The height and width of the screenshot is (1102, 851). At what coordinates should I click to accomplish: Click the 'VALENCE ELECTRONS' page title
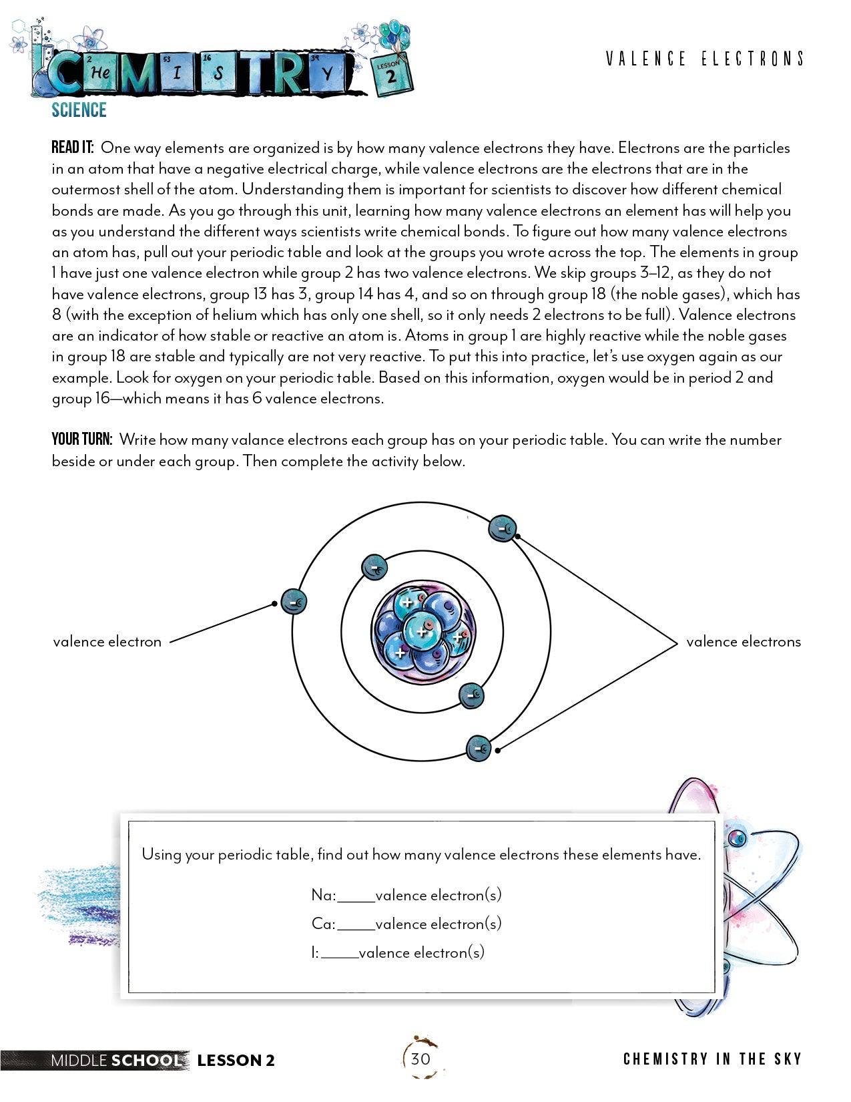[x=704, y=59]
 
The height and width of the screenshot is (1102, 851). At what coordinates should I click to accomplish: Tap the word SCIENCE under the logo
[x=79, y=110]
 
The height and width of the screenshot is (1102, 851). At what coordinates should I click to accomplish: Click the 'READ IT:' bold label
[x=73, y=148]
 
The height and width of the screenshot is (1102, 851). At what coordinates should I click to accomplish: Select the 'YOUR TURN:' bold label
[x=81, y=439]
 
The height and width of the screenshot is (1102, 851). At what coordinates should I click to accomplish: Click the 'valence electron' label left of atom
[x=107, y=642]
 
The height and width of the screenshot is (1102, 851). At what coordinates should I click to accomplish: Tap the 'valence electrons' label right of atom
[x=743, y=642]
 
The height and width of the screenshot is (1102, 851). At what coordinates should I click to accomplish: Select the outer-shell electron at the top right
[x=503, y=529]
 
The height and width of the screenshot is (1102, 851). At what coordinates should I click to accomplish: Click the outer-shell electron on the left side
[x=294, y=602]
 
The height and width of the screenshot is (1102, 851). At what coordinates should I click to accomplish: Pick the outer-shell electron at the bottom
[x=479, y=749]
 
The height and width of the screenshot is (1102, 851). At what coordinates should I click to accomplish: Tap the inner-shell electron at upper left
[x=374, y=568]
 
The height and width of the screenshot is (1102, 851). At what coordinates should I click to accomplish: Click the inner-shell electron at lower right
[x=472, y=695]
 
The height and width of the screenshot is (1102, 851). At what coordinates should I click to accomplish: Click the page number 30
[x=420, y=1059]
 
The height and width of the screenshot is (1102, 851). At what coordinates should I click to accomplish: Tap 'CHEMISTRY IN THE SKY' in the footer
[x=712, y=1059]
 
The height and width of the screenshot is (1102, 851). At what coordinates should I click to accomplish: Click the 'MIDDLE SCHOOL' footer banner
[x=116, y=1060]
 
